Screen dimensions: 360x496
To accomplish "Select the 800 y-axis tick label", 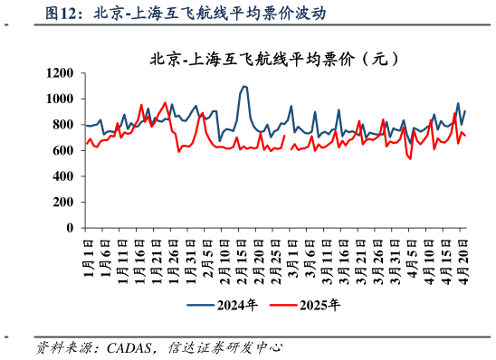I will click(x=63, y=125).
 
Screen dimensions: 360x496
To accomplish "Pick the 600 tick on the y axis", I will click(x=63, y=150).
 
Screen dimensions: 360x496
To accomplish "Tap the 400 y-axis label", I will click(x=63, y=176).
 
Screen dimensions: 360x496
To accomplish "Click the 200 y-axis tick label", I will click(x=63, y=203).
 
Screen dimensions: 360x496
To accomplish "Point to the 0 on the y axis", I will click(x=71, y=228).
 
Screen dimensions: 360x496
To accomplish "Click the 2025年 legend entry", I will click(x=307, y=305).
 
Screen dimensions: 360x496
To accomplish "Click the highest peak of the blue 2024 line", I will click(x=243, y=86).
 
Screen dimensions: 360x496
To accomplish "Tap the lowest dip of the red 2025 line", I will click(x=410, y=159).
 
